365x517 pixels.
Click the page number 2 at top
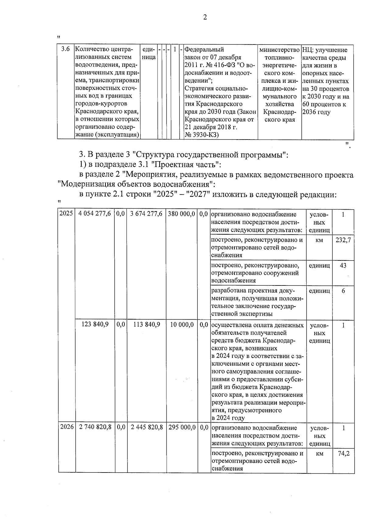click(205, 17)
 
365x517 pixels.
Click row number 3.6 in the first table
click(66, 49)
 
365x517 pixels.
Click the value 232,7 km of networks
click(343, 240)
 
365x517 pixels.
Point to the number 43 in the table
click(343, 265)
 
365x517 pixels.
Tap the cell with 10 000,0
click(182, 325)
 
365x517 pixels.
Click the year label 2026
click(67, 427)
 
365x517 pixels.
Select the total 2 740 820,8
click(95, 427)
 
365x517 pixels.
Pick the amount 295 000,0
click(182, 427)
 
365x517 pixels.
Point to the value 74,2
click(344, 453)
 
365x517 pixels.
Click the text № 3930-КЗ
click(202, 135)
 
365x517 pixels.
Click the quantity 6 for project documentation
click(343, 291)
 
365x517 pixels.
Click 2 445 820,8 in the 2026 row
click(147, 427)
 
